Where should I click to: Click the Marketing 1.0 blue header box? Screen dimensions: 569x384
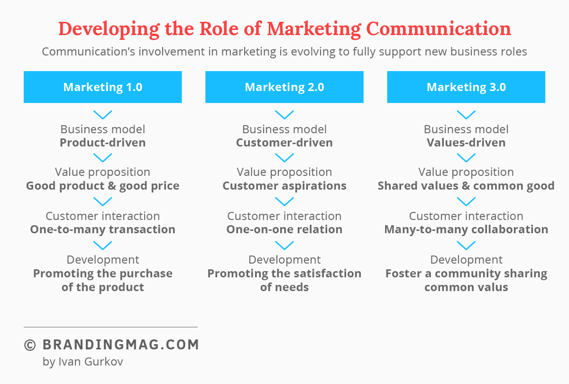(x=102, y=87)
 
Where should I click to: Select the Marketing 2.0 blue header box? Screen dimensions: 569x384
(x=284, y=87)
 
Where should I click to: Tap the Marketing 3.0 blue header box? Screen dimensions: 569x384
(x=466, y=87)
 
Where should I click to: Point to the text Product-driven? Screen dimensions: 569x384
(x=102, y=143)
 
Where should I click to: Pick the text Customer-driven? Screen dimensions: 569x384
(x=284, y=143)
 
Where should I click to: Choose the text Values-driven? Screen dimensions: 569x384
(x=466, y=143)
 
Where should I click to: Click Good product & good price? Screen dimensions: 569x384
(x=102, y=186)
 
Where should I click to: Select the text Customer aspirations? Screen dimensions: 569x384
(x=284, y=186)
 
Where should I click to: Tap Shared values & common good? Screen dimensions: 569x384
(x=466, y=186)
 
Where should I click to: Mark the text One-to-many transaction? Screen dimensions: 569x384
(x=102, y=229)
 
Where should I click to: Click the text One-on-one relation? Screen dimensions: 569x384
(x=284, y=229)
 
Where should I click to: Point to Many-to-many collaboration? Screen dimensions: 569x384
(x=466, y=229)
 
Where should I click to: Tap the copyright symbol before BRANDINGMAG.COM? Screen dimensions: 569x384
(x=30, y=345)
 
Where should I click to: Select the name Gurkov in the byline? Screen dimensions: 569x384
(x=104, y=362)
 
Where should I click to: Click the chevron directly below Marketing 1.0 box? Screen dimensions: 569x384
(x=102, y=115)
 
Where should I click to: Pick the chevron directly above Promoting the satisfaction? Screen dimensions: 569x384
(x=284, y=245)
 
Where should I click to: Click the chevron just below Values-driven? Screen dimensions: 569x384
(x=466, y=157)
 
